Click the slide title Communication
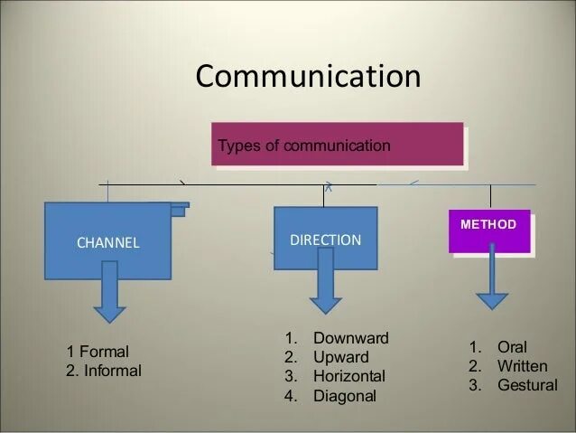pyautogui.click(x=308, y=76)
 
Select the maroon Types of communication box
pyautogui.click(x=337, y=145)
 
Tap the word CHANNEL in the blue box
pyautogui.click(x=107, y=242)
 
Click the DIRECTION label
pyautogui.click(x=325, y=240)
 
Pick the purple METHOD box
pyautogui.click(x=488, y=231)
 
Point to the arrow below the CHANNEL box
pyautogui.click(x=110, y=292)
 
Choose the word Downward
pyautogui.click(x=350, y=338)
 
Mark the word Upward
pyautogui.click(x=340, y=357)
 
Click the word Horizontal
pyautogui.click(x=348, y=376)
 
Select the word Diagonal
pyautogui.click(x=344, y=396)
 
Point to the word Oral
pyautogui.click(x=512, y=347)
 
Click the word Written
pyautogui.click(x=522, y=366)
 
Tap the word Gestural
pyautogui.click(x=527, y=386)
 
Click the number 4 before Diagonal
pyautogui.click(x=290, y=396)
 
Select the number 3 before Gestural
pyautogui.click(x=475, y=386)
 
